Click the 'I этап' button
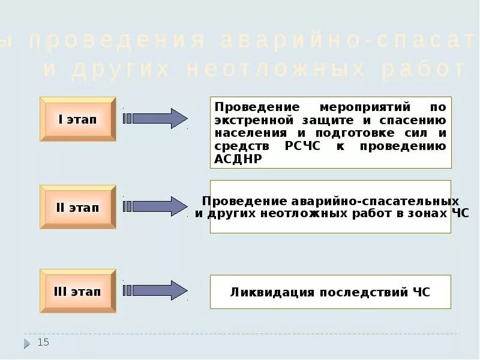pos(77,119)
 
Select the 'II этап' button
pos(77,208)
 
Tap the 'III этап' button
pos(77,292)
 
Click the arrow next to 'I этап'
pos(155,118)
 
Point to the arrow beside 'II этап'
pos(155,206)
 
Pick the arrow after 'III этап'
pos(155,290)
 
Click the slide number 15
pos(43,342)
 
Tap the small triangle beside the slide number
pos(27,344)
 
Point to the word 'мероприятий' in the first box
pos(351,107)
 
